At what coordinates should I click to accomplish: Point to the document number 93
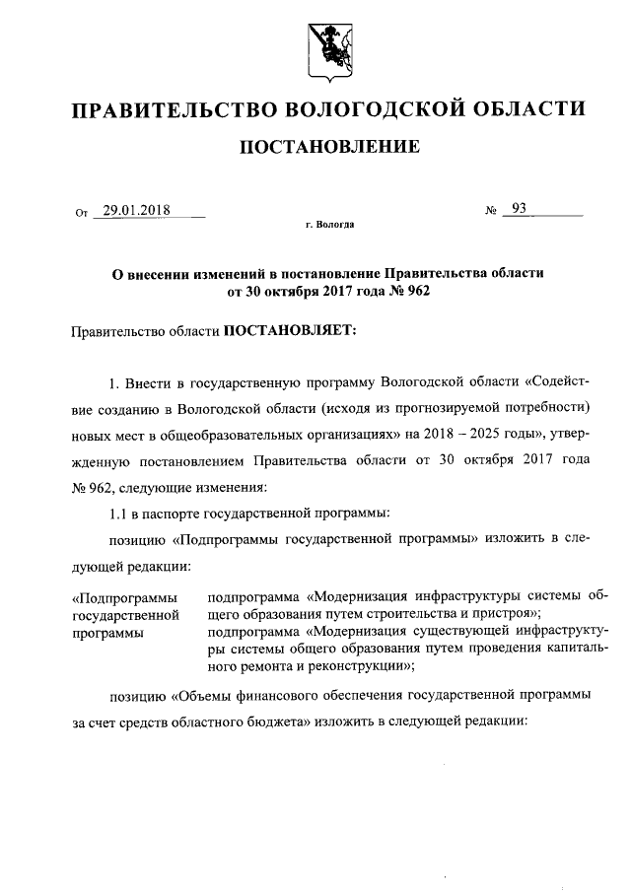519,209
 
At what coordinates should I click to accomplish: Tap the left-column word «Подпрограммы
125,597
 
